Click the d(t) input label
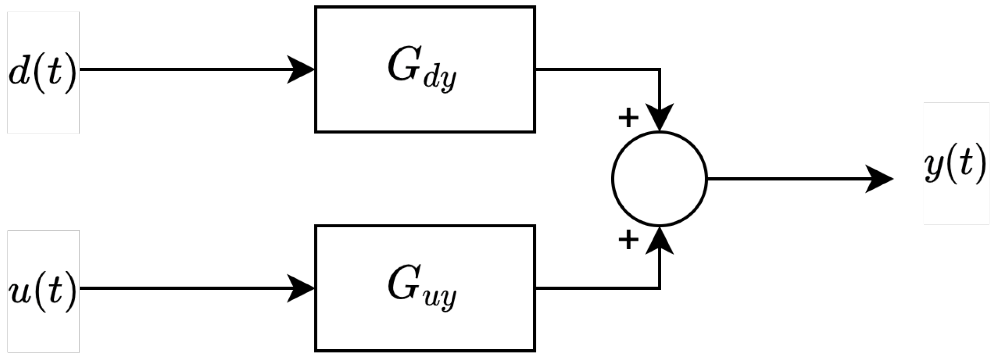pos(43,73)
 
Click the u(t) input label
pos(43,291)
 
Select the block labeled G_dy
pos(425,69)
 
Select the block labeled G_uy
pos(425,288)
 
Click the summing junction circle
pos(659,179)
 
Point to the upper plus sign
pos(628,118)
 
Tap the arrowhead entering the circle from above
pos(660,118)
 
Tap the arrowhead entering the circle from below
pos(660,240)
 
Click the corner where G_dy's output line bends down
pos(660,69)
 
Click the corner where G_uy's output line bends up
pos(660,288)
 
